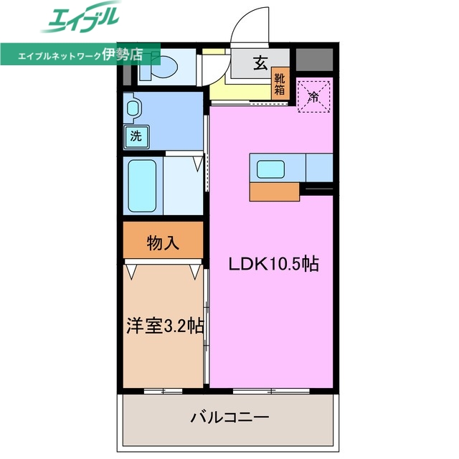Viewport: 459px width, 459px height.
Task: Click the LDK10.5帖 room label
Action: point(273,264)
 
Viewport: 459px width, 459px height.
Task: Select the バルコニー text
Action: point(229,417)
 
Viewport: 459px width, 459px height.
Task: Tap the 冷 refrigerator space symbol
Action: point(313,95)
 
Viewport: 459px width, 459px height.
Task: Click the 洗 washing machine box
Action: point(136,136)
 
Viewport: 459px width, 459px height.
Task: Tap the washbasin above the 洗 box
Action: point(133,109)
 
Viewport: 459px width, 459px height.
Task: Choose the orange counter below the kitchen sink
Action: point(275,191)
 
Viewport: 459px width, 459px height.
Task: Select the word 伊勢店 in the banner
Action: point(123,54)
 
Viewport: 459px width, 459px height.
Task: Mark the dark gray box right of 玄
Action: point(313,61)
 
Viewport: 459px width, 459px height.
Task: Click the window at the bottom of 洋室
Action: point(162,391)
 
